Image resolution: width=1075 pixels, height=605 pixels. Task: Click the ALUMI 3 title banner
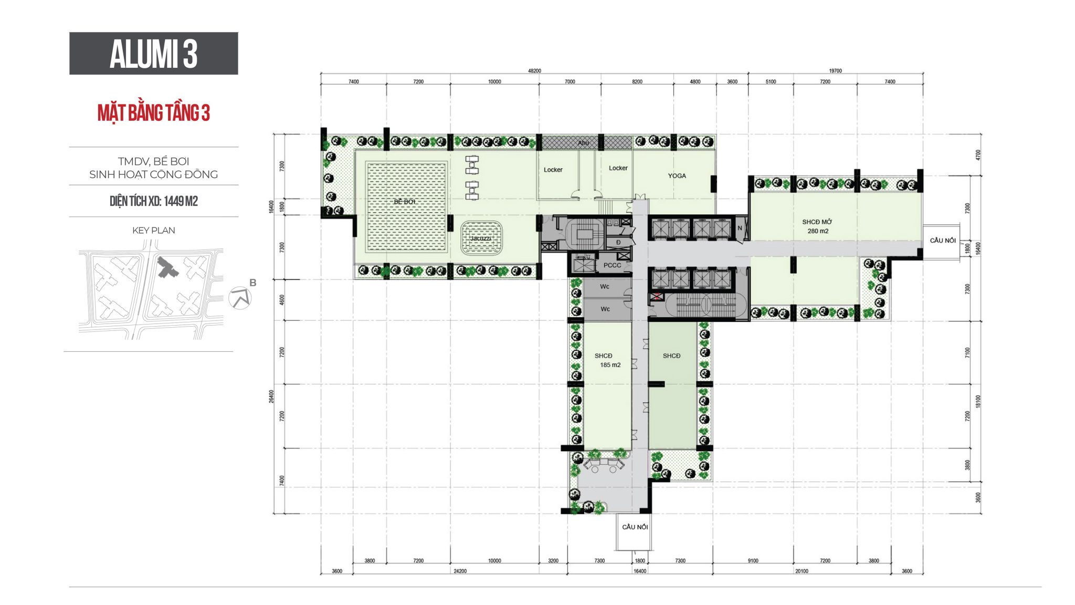(x=153, y=54)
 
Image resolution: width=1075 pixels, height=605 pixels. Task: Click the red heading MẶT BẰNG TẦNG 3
(x=153, y=113)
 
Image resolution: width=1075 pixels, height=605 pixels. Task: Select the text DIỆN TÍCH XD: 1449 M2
(x=153, y=201)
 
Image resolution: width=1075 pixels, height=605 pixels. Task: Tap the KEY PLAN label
(x=153, y=230)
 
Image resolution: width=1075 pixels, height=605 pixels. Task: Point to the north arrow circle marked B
(x=240, y=298)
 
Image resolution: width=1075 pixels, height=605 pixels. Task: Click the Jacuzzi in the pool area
(x=481, y=238)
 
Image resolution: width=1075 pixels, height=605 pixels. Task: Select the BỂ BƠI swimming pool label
(x=405, y=202)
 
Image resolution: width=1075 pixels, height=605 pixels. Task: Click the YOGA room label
(x=677, y=176)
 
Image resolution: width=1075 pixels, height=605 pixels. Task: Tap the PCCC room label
(x=612, y=265)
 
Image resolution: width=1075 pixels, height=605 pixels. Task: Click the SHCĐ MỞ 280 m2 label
(x=817, y=226)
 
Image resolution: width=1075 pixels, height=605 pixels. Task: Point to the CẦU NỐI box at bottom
(x=635, y=527)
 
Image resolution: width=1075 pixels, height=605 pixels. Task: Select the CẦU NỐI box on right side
(x=942, y=241)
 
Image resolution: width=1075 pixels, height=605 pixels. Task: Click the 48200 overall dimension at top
(x=534, y=71)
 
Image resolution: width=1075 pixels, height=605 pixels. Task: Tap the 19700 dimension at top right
(x=835, y=71)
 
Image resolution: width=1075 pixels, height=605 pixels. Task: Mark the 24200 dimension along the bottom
(x=460, y=571)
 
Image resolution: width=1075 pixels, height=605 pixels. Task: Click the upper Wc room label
(x=605, y=287)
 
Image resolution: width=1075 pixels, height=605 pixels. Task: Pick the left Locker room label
(x=553, y=170)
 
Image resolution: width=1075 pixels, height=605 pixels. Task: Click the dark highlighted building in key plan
(x=167, y=268)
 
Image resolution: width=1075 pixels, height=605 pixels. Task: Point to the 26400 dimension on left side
(x=271, y=397)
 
